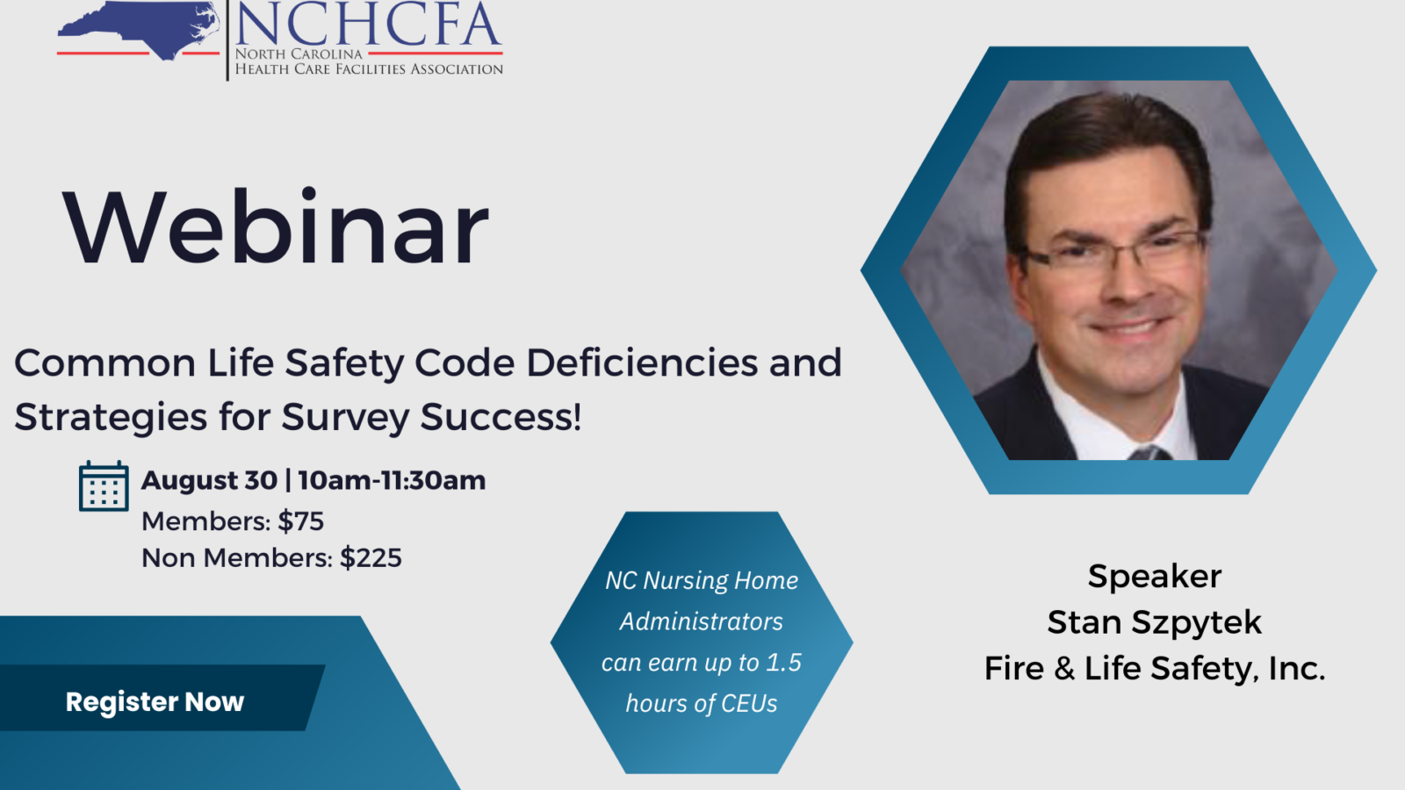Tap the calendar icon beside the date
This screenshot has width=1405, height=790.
(104, 486)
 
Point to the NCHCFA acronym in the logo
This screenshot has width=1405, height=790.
(368, 24)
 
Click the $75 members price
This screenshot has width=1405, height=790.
(301, 521)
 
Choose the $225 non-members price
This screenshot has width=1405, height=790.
(371, 558)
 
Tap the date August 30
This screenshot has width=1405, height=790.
(209, 481)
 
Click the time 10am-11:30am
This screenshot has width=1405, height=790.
(392, 481)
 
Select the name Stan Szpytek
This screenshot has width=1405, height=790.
(1154, 622)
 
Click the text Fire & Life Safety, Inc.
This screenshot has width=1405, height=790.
(1154, 669)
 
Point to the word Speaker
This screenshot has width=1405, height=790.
(1154, 577)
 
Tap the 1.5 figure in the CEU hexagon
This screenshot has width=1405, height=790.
(783, 663)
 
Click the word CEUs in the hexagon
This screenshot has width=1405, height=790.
(749, 704)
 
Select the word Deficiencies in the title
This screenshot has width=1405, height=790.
(642, 363)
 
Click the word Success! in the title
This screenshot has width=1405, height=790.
(501, 418)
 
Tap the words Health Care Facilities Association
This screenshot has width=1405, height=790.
(369, 69)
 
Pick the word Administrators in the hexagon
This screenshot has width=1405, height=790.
(701, 621)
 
